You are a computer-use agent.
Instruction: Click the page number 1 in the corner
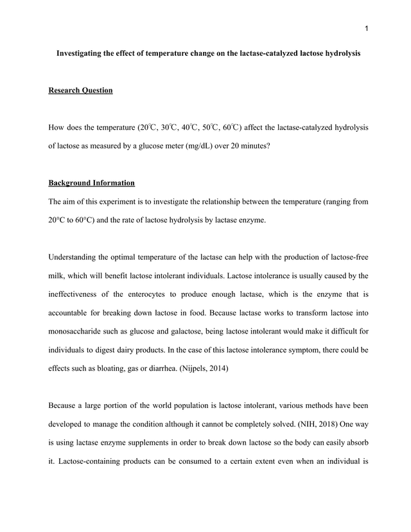tap(365, 28)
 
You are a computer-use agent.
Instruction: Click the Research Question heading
tap(80, 91)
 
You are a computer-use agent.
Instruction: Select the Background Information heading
tap(91, 182)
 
